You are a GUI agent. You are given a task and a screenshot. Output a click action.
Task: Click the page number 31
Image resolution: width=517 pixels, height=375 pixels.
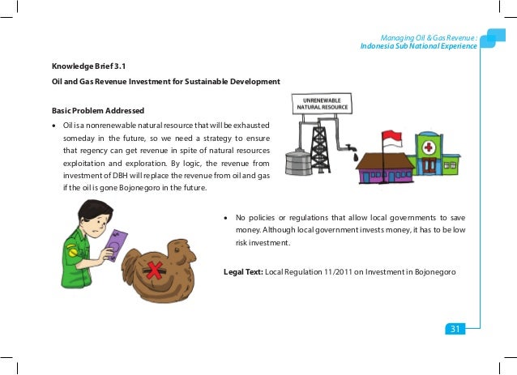(x=455, y=328)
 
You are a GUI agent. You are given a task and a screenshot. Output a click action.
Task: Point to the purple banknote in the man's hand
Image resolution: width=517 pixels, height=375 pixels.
(x=117, y=245)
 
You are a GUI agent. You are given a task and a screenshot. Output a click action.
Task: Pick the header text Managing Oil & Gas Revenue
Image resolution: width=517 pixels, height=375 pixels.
(x=429, y=36)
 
